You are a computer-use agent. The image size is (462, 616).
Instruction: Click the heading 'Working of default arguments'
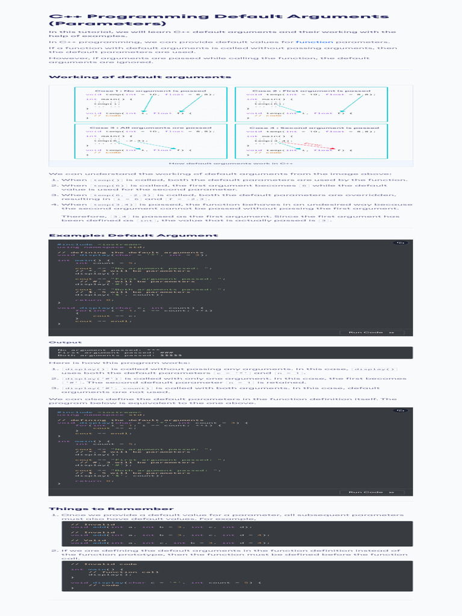coord(140,77)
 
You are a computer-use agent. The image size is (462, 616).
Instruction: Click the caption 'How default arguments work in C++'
coord(231,163)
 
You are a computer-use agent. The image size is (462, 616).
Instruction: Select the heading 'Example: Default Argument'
coord(133,235)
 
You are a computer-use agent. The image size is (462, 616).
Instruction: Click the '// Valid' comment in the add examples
coord(83,540)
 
